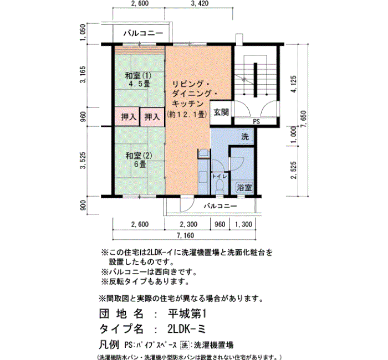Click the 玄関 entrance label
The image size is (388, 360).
(221, 112)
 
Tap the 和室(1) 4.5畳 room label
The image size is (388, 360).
(138, 80)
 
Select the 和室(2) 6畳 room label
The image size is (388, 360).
(139, 160)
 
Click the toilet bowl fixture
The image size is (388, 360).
(219, 186)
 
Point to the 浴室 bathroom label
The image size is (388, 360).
(244, 187)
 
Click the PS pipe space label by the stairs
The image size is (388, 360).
(256, 122)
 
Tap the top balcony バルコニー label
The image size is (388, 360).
(144, 33)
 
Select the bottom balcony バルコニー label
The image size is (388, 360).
(220, 205)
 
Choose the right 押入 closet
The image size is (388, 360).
(152, 117)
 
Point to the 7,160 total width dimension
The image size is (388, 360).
(185, 235)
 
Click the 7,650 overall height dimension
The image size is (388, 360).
(304, 119)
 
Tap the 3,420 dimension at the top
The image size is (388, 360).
(200, 3)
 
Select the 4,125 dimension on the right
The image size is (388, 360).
(294, 84)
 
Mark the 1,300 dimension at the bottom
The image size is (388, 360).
(243, 224)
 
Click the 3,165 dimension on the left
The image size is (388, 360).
(83, 75)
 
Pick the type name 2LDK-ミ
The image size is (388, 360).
(187, 328)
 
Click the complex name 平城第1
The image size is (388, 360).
(187, 314)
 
